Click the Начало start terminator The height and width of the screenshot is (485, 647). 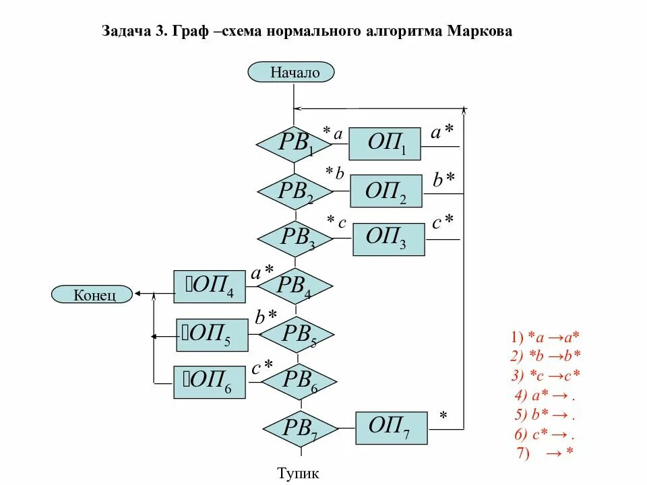point(291,71)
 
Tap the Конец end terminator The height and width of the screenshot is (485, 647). point(93,294)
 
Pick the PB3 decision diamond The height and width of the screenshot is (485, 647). point(295,238)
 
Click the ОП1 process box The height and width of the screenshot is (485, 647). point(385,144)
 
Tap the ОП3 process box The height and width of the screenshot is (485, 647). point(389,238)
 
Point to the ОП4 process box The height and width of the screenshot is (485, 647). point(210,288)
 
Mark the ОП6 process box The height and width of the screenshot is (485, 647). point(210,382)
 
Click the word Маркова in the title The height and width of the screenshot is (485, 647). point(479,32)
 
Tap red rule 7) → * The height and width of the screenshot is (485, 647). point(545,453)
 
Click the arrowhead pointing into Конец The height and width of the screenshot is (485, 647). point(137,293)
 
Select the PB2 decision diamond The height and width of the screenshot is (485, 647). point(295,191)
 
